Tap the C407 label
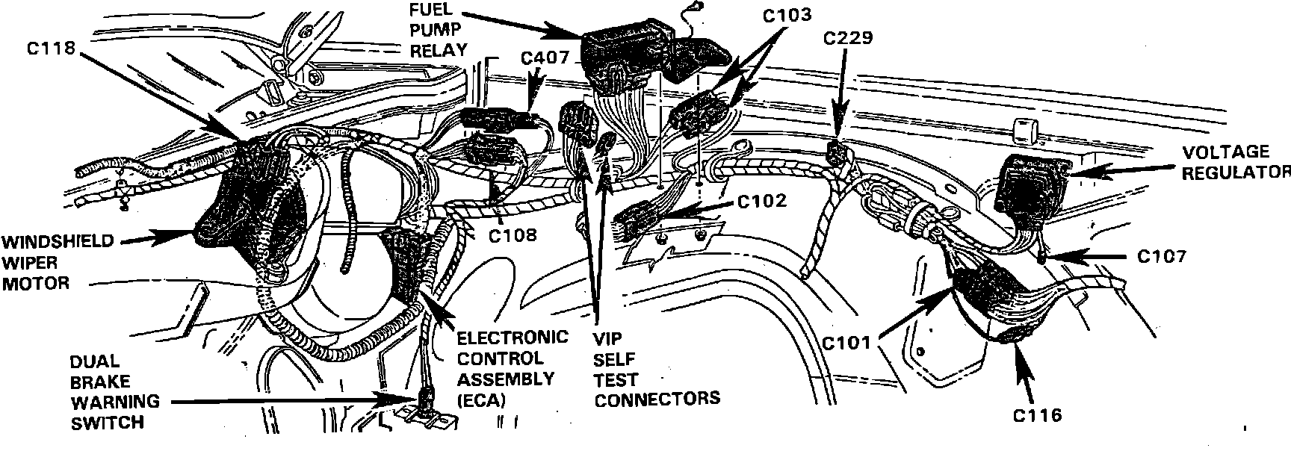pyautogui.click(x=545, y=57)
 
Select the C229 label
pyautogui.click(x=848, y=37)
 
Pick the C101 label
pyautogui.click(x=846, y=343)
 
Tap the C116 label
pyautogui.click(x=1037, y=416)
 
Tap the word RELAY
pyautogui.click(x=439, y=50)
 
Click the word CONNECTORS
pyautogui.click(x=657, y=398)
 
